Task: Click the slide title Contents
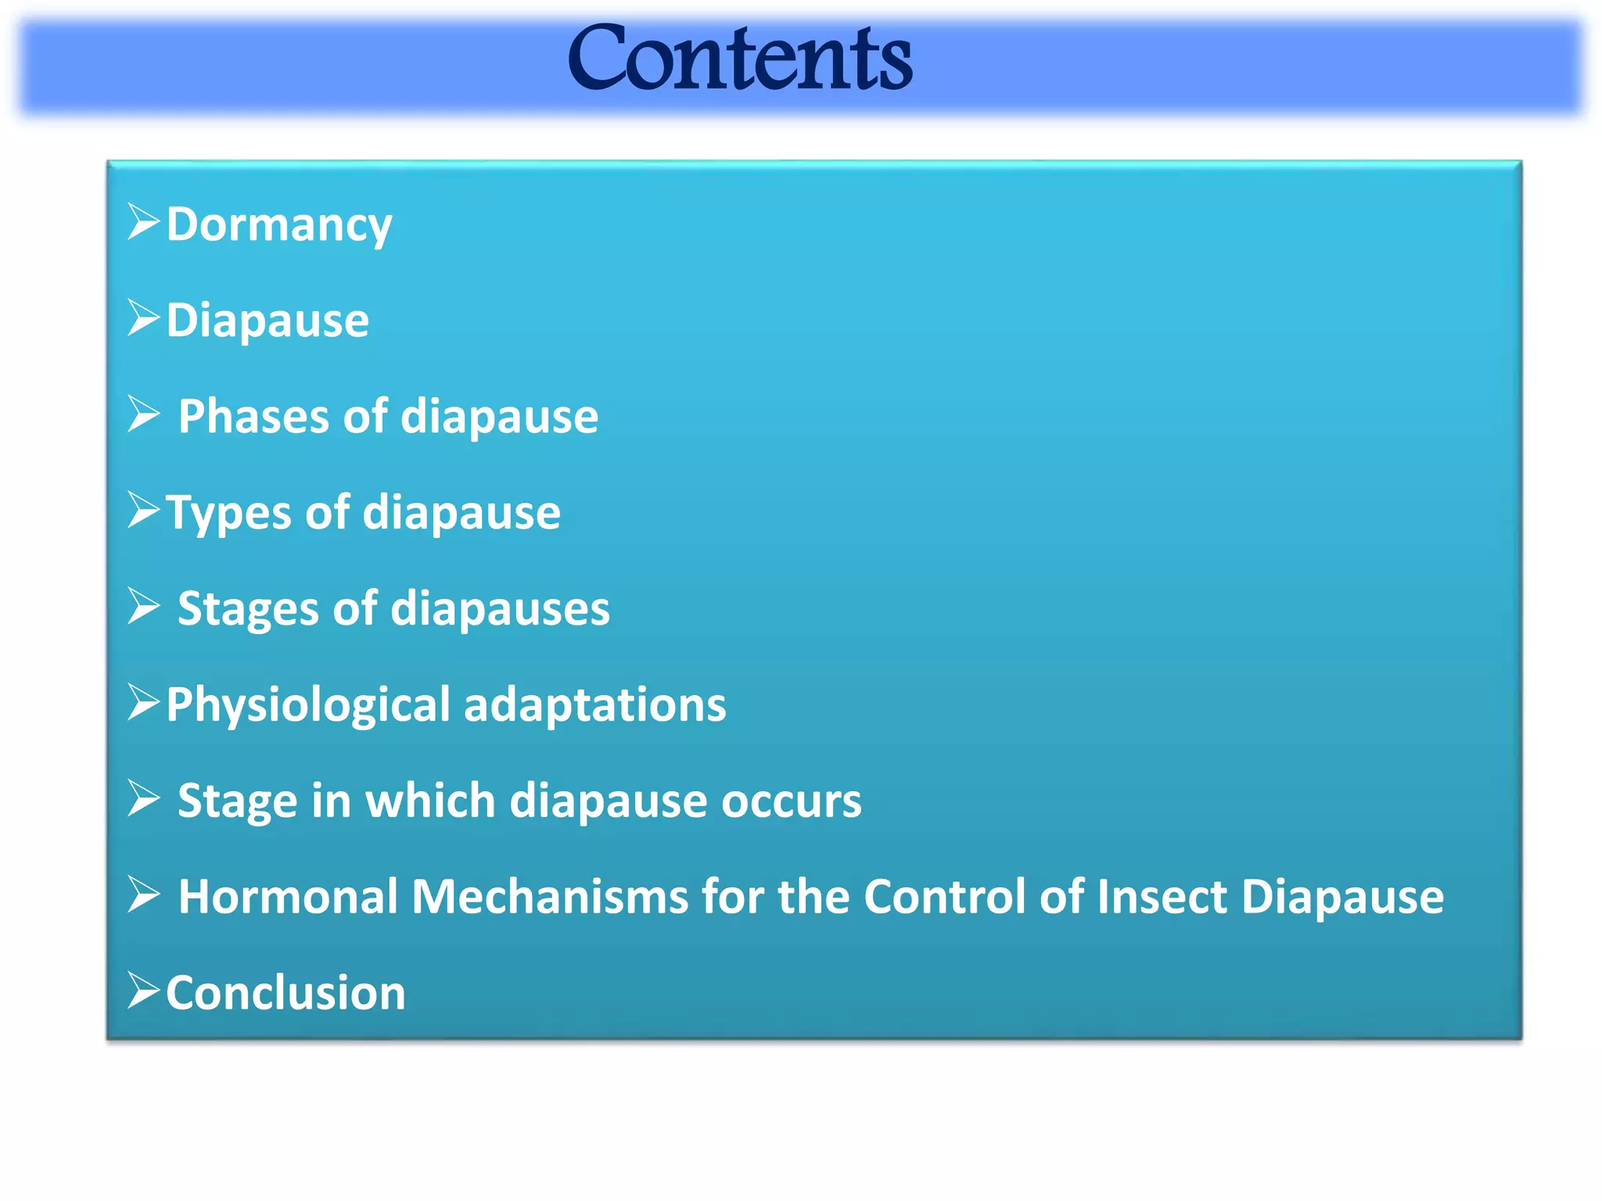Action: pyautogui.click(x=740, y=59)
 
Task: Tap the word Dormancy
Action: pyautogui.click(x=278, y=225)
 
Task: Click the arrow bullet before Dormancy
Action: pyautogui.click(x=143, y=222)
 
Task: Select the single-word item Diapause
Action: pyautogui.click(x=268, y=321)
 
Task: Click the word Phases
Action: pyautogui.click(x=253, y=417)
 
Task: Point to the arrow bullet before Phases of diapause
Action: pyautogui.click(x=143, y=414)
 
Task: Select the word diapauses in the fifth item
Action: pyautogui.click(x=500, y=609)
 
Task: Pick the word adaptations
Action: pyautogui.click(x=594, y=705)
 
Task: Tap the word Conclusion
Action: pyautogui.click(x=286, y=994)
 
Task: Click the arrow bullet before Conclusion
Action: pyautogui.click(x=143, y=991)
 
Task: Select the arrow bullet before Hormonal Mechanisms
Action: pyautogui.click(x=143, y=894)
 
